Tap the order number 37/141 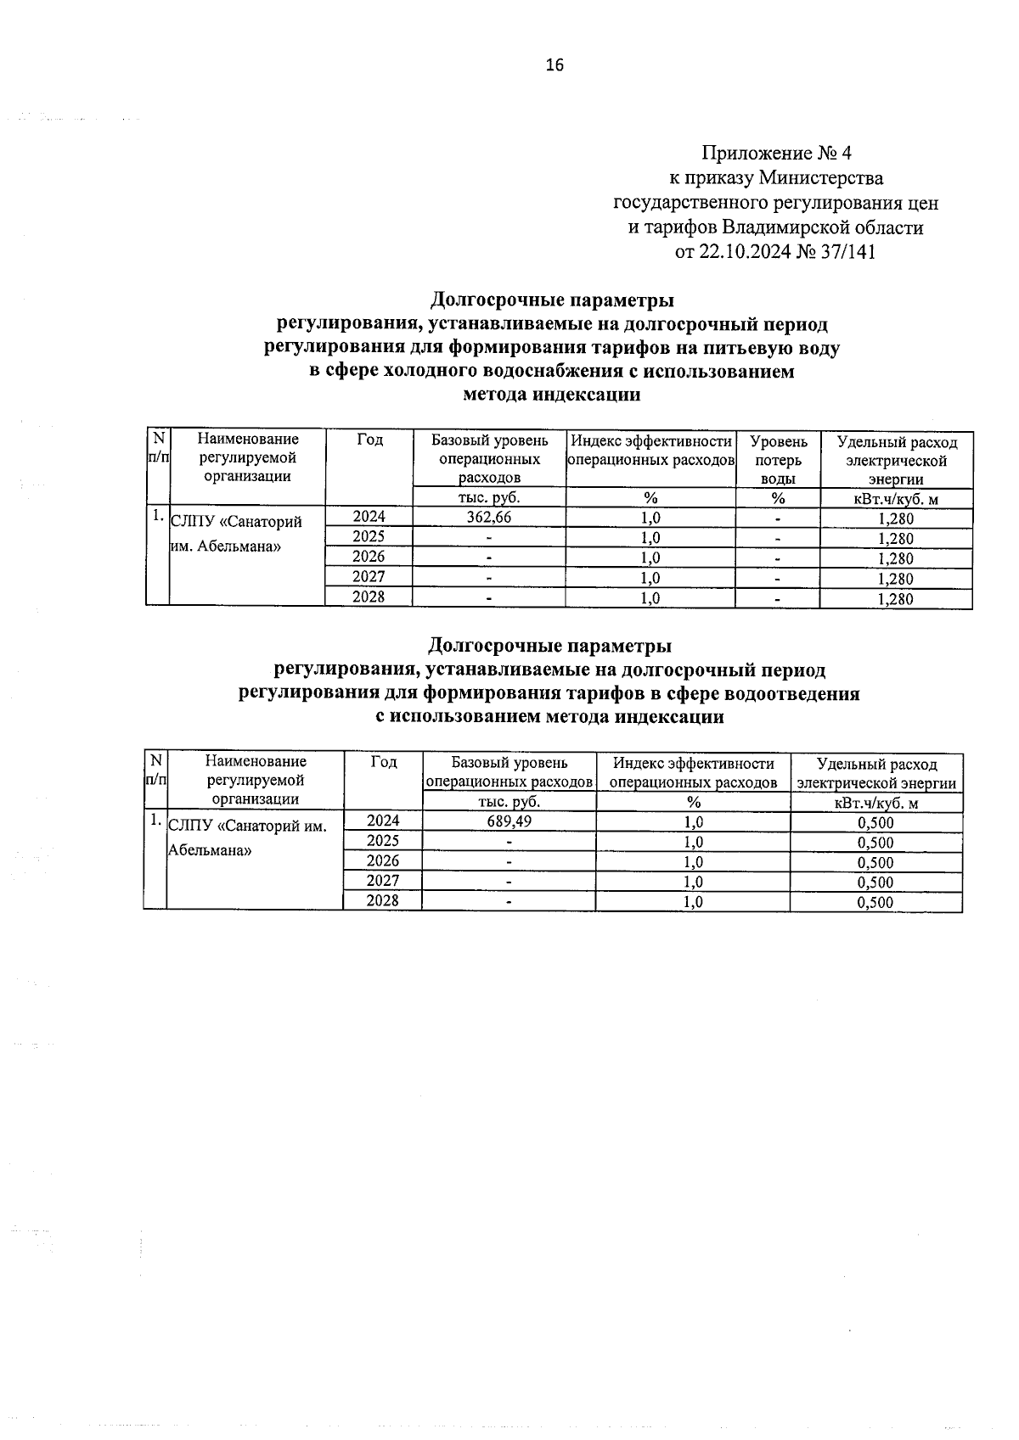tap(847, 252)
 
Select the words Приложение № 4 tap(775, 154)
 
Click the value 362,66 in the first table tap(488, 517)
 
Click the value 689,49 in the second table tap(509, 821)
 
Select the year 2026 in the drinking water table tap(369, 557)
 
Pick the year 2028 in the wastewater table tap(382, 900)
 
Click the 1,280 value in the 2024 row tap(896, 518)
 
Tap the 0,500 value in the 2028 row tap(875, 902)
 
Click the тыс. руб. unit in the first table tap(488, 498)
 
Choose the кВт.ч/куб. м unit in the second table tap(876, 803)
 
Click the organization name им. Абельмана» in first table tap(226, 546)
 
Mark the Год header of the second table tap(384, 762)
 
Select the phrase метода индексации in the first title tap(552, 395)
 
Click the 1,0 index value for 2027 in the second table tap(693, 882)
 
